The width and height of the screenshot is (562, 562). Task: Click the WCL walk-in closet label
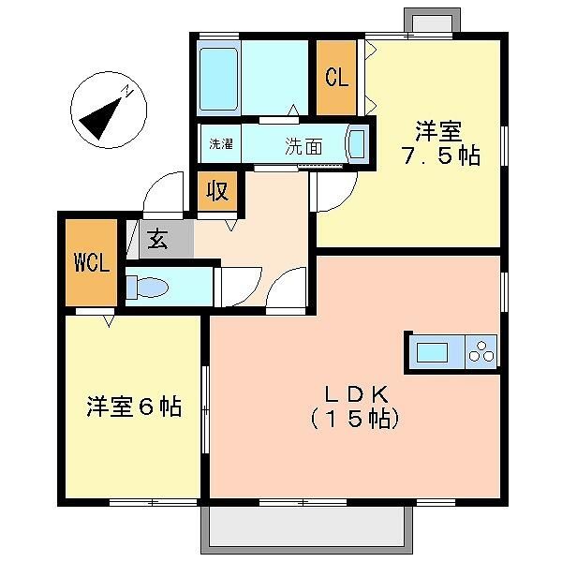coord(92,261)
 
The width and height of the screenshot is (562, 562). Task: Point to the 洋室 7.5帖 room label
coord(441,143)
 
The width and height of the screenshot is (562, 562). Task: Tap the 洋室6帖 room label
coord(134,407)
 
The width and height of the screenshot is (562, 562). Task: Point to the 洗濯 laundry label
coord(221,144)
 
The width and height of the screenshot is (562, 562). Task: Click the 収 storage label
coord(217,192)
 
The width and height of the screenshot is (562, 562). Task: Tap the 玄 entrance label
coord(157,240)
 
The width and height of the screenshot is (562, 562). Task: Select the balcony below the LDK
coord(306,531)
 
